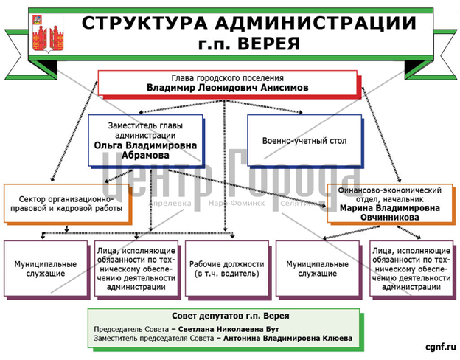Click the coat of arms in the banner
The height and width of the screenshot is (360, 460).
[x=48, y=33]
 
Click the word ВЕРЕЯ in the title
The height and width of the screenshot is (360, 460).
[x=268, y=44]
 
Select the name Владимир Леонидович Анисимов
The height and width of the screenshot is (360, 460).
[x=227, y=88]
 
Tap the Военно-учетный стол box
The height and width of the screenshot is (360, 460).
[x=304, y=141]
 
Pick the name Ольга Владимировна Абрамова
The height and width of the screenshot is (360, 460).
[x=145, y=150]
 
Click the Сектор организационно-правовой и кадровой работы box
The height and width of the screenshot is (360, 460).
[x=66, y=204]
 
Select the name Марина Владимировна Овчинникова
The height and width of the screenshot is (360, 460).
[x=390, y=212]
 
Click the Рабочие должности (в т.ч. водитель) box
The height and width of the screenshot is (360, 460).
[x=227, y=269]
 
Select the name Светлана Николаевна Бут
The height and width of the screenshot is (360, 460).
[x=229, y=329]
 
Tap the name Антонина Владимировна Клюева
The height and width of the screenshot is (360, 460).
[x=287, y=339]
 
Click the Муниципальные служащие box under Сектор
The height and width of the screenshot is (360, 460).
[x=46, y=269]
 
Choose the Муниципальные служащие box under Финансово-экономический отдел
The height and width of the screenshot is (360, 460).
[x=318, y=269]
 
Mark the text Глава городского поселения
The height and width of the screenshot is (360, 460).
[x=227, y=78]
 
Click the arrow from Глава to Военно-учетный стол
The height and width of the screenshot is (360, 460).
[x=263, y=106]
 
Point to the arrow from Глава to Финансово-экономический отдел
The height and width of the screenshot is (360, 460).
[x=381, y=135]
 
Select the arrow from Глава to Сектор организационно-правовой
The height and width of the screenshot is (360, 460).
[x=74, y=131]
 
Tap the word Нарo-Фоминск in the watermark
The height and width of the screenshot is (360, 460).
[x=237, y=203]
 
